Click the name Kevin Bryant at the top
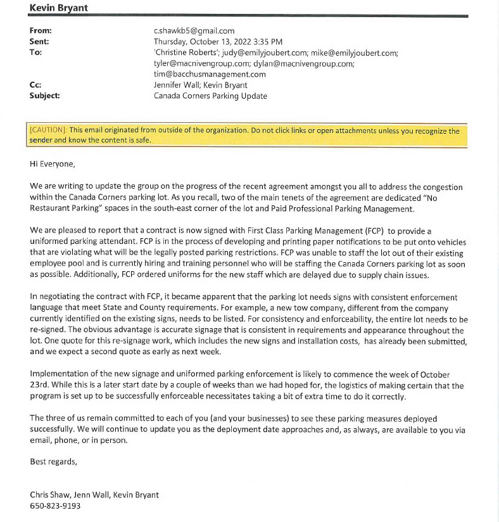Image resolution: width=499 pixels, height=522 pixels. [59, 7]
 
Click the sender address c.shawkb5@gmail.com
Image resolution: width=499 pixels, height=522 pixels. [194, 30]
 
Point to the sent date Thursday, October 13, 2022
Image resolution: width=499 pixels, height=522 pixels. [205, 41]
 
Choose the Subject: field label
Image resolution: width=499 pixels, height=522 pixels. [44, 96]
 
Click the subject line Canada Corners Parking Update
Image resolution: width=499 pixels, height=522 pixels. [210, 96]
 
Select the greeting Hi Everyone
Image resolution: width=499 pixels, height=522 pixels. [52, 163]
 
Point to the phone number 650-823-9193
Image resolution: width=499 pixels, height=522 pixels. [55, 506]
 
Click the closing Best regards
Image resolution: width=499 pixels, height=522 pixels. [53, 462]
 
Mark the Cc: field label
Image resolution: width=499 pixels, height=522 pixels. [36, 85]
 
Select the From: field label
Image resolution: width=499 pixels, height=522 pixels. [41, 30]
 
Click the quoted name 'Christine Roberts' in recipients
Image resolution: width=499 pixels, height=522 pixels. [186, 53]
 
